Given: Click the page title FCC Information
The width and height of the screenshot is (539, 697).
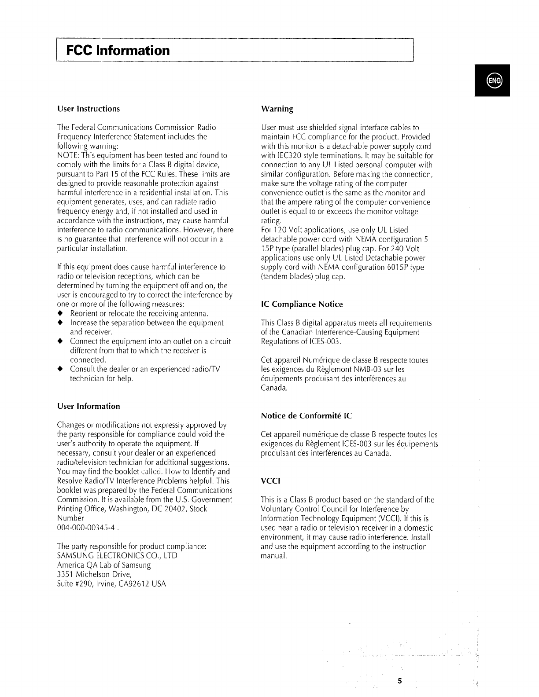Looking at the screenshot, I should (118, 50).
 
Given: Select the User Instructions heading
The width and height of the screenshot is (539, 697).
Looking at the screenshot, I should (89, 109).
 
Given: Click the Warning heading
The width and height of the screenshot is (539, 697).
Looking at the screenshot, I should (277, 109).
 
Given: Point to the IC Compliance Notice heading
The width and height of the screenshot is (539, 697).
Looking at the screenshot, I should (302, 304).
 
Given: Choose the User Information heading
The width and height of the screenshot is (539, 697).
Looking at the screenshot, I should (89, 406).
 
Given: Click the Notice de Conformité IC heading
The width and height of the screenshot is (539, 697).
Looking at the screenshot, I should (306, 416).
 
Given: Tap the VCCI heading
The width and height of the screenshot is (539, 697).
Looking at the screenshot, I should (271, 481).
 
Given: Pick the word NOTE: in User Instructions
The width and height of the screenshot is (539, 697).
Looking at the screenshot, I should (67, 155).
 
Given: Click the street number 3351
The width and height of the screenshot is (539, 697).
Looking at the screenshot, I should (66, 575).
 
